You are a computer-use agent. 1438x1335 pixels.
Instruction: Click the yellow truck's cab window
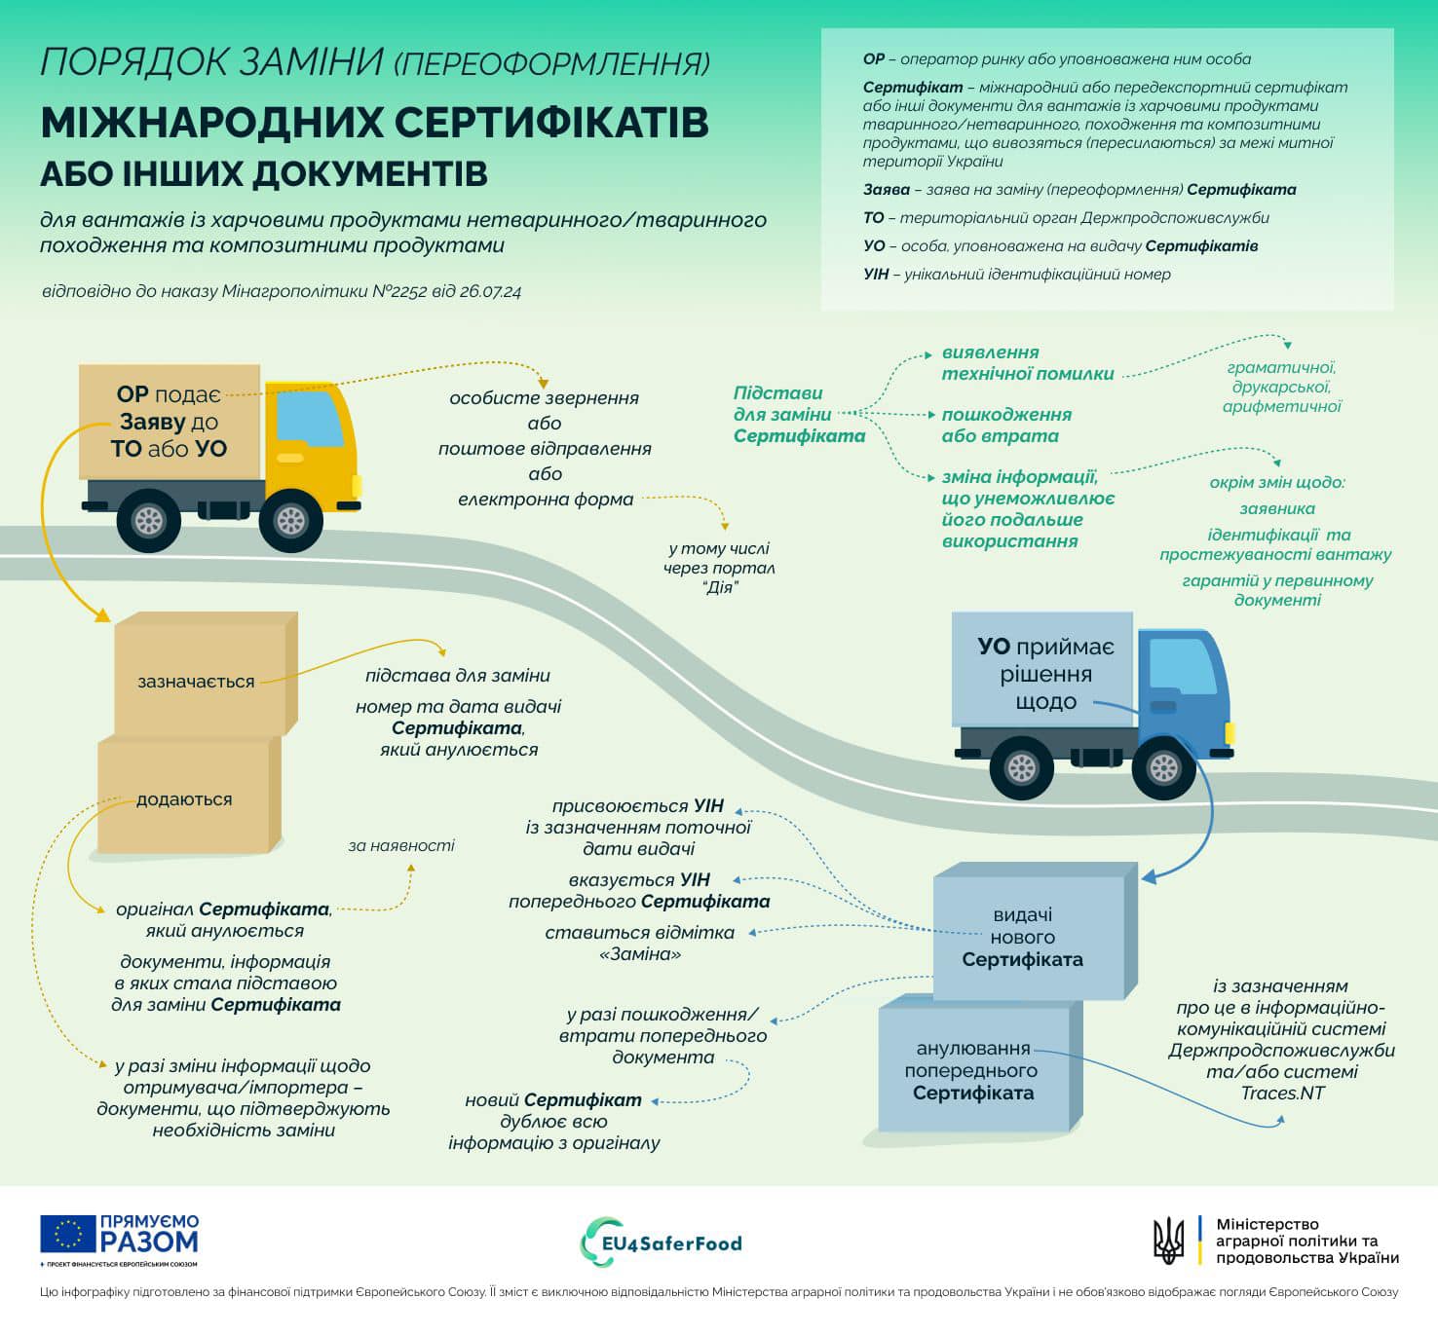pyautogui.click(x=310, y=418)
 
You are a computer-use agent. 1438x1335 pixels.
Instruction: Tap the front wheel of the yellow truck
pyautogui.click(x=291, y=521)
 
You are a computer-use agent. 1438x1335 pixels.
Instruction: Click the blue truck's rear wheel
pyautogui.click(x=1021, y=768)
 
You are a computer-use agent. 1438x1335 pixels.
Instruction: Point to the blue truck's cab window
pyautogui.click(x=1182, y=665)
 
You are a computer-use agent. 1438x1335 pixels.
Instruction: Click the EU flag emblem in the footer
pyautogui.click(x=67, y=1234)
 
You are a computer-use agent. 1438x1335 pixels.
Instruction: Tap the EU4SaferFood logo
pyautogui.click(x=662, y=1242)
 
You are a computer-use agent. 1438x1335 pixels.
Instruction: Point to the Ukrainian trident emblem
pyautogui.click(x=1169, y=1241)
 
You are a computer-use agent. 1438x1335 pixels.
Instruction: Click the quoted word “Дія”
pyautogui.click(x=719, y=587)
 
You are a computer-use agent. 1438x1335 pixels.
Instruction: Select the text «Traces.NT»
pyautogui.click(x=1282, y=1093)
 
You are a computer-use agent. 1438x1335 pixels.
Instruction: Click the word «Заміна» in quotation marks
pyautogui.click(x=640, y=954)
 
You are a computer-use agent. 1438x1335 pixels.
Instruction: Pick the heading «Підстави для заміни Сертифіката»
pyautogui.click(x=798, y=414)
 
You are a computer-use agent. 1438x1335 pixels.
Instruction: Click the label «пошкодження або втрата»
pyautogui.click(x=1005, y=426)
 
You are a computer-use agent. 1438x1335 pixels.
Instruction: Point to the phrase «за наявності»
pyautogui.click(x=401, y=845)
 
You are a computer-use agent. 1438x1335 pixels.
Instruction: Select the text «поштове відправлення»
pyautogui.click(x=545, y=449)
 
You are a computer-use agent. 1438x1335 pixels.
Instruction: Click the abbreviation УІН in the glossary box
pyautogui.click(x=876, y=274)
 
